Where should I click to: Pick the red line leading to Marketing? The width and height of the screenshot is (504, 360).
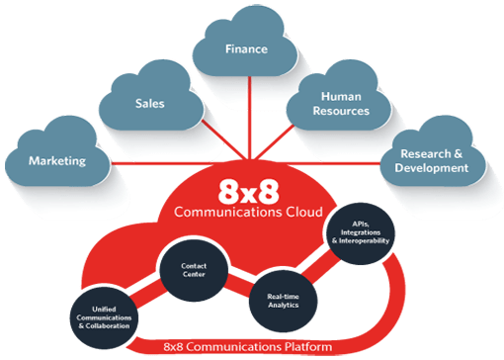[x=148, y=162]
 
